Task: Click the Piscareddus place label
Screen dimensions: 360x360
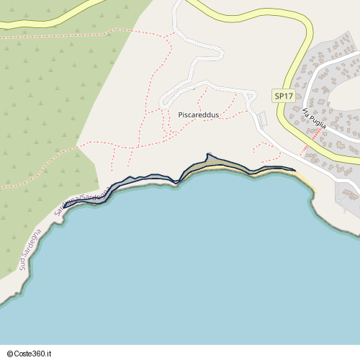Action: click(198, 114)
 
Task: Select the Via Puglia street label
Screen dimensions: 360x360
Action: click(315, 118)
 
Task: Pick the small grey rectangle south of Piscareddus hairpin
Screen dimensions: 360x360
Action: click(261, 117)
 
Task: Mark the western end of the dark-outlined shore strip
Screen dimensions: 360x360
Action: click(66, 206)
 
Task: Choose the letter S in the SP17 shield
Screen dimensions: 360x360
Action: click(277, 96)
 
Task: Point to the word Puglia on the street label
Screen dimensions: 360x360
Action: click(318, 122)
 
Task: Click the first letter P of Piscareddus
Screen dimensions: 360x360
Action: click(180, 114)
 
